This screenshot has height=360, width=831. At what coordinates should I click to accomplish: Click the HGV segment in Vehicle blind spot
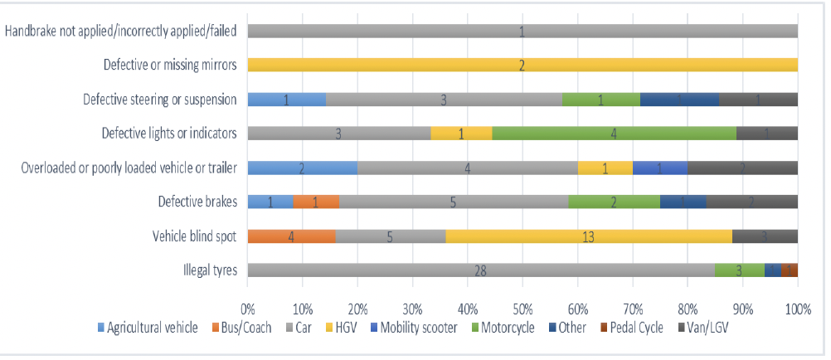[x=589, y=236]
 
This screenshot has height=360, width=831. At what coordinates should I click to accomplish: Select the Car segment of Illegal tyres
[x=481, y=270]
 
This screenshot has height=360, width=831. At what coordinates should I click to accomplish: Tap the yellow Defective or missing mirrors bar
[x=522, y=65]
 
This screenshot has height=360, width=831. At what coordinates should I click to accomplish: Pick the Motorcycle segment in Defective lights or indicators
[x=614, y=133]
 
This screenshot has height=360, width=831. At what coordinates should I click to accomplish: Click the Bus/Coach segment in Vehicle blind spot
[x=292, y=236]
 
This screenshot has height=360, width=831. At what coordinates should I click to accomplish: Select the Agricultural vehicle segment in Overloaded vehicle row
[x=303, y=168]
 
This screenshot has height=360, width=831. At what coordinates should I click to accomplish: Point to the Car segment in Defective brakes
[x=454, y=202]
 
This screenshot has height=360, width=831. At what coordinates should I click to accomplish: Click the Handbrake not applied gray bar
[x=522, y=31]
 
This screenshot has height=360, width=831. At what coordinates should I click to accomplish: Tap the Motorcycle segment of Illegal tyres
[x=740, y=270]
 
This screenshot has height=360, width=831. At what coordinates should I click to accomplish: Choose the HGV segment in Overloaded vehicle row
[x=605, y=168]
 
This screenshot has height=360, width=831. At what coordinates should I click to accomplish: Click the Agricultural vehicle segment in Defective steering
[x=287, y=99]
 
